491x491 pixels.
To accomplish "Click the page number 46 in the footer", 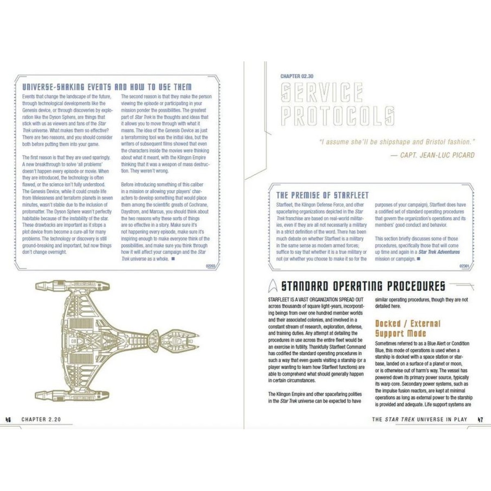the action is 9,419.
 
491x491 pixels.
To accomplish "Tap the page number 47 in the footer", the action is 480,419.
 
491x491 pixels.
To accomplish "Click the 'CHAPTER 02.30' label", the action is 297,76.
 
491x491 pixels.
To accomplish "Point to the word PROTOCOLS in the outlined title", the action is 338,116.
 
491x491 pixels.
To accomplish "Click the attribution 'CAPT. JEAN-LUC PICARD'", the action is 437,155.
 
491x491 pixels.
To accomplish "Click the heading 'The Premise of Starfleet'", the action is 322,195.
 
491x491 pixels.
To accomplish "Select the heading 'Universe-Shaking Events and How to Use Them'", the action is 107,87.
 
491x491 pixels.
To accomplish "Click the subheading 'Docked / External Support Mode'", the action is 408,329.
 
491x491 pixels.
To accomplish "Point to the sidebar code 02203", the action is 210,266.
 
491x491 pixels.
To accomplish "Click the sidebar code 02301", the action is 464,266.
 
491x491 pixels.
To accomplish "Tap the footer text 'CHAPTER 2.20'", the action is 41,419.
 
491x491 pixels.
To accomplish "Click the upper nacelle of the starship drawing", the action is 72,286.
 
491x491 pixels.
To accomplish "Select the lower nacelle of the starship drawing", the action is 72,395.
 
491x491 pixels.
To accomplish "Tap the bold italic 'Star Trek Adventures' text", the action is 439,252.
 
